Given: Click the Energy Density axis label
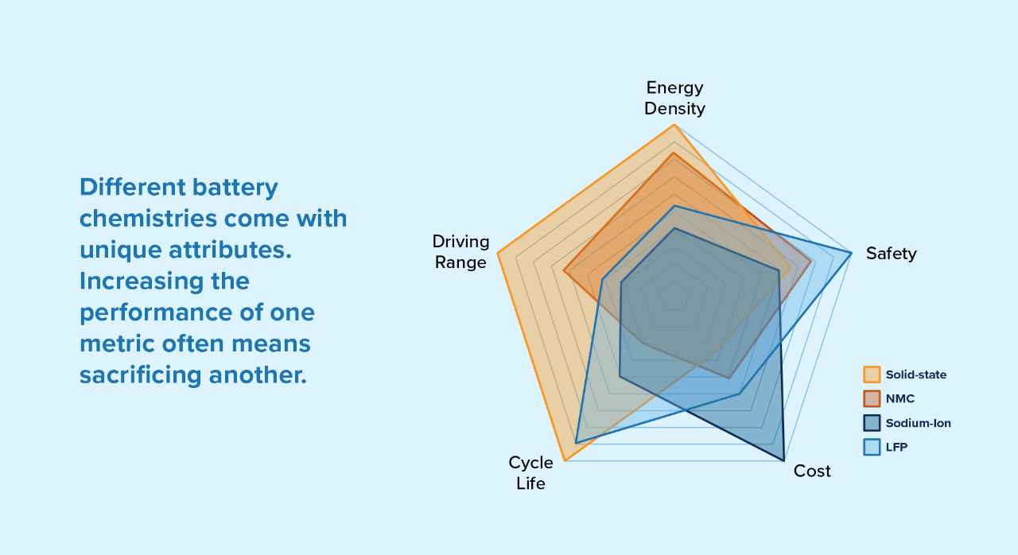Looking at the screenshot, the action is point(675,98).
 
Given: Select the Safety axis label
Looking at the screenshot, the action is point(892,254).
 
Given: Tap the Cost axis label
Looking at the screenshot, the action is point(812,471).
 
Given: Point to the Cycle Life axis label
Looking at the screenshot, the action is point(530,473).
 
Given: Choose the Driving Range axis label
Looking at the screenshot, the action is point(460,251).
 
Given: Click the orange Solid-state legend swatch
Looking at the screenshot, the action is point(872,375).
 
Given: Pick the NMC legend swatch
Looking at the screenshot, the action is point(872,399).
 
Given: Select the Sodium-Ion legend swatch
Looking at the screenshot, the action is point(872,423).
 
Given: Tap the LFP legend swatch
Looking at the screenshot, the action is point(872,447).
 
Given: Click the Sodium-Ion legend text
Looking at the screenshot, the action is point(918,423).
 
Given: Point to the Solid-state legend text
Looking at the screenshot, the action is point(915,375).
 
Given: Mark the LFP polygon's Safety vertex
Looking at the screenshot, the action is point(851,252).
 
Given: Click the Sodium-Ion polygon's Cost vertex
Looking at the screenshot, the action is point(784,460).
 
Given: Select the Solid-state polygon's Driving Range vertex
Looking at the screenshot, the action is point(498,253).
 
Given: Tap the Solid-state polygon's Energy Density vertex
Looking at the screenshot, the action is point(674,125).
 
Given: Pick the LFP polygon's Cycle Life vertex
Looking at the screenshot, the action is point(576,443).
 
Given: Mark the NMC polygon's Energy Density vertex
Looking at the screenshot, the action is point(674,153).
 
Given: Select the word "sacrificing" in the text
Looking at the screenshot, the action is point(141,375).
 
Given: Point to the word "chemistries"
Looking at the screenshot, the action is point(148,219).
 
